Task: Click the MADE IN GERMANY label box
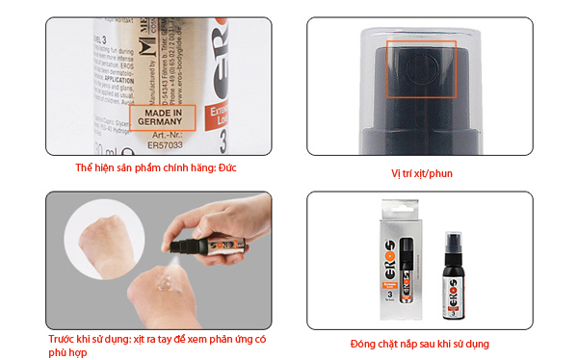point(162,118)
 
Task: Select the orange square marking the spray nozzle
point(415,69)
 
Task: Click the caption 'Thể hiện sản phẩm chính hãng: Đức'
point(156,168)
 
